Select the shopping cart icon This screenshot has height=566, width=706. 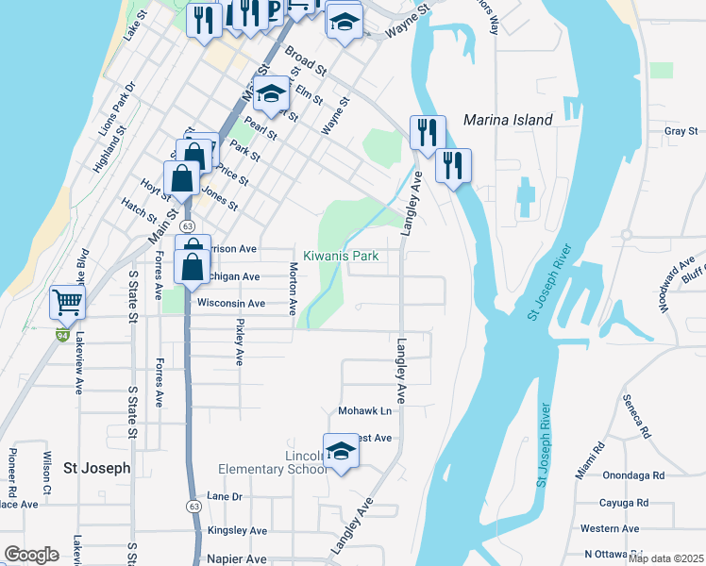68,302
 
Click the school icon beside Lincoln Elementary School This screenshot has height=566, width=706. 341,452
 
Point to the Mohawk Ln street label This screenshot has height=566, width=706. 364,412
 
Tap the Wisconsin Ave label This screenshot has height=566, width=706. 230,304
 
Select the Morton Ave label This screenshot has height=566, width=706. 293,290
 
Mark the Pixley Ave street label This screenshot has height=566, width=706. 240,342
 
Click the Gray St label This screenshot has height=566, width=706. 680,131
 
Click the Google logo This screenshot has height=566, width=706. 32,555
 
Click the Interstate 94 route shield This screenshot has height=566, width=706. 61,335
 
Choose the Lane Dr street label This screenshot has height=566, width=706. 225,496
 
